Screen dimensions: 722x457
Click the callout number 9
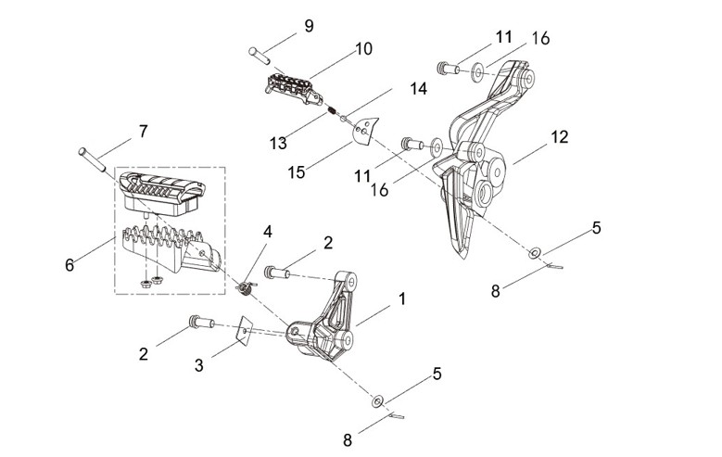[309, 26]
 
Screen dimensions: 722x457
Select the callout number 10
[363, 48]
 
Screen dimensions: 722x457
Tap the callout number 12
[560, 137]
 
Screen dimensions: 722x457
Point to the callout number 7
[144, 132]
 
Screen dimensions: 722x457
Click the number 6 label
[70, 265]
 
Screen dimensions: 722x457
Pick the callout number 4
[268, 232]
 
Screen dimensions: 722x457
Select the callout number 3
[198, 365]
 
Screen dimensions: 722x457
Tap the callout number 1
[402, 298]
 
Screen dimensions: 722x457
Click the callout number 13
[278, 144]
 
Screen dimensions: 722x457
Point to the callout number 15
[297, 172]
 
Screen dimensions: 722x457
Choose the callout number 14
[418, 88]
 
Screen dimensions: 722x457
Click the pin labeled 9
[260, 55]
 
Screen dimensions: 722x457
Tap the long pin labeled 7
[92, 159]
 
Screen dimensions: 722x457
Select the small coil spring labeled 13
[331, 110]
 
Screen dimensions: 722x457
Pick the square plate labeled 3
[244, 330]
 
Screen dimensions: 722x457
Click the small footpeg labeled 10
[292, 89]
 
